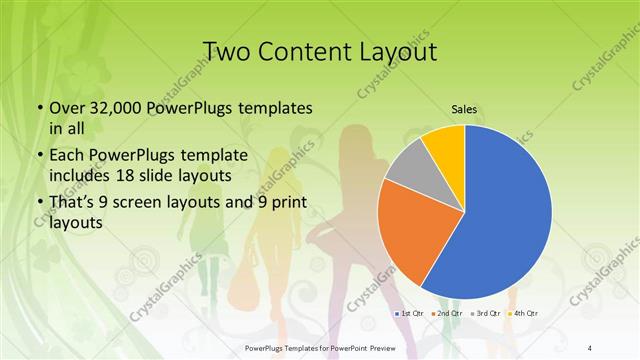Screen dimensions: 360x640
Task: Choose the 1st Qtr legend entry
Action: point(411,314)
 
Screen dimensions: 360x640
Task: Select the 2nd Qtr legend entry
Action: point(449,314)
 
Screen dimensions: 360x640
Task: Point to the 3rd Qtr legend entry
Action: point(488,314)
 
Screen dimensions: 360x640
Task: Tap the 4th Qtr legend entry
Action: point(526,314)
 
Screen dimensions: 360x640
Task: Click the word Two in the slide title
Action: point(229,51)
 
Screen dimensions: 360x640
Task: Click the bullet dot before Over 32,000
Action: point(39,108)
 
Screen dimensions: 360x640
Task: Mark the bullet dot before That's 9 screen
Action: point(39,204)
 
